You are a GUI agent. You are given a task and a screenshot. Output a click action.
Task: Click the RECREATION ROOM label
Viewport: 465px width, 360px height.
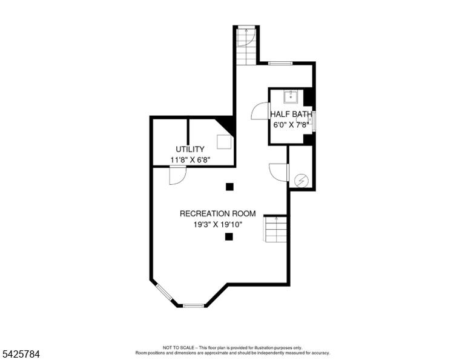(218, 214)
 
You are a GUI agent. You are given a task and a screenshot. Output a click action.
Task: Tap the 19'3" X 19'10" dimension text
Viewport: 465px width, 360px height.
(218, 225)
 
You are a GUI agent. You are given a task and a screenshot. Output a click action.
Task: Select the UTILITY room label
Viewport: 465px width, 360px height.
(190, 149)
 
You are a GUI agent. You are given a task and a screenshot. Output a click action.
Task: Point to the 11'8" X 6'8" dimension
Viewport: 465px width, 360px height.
(190, 160)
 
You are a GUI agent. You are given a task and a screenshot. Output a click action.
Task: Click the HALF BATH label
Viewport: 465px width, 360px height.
(291, 114)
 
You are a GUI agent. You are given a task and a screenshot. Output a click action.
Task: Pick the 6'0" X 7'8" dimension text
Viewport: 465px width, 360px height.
(291, 125)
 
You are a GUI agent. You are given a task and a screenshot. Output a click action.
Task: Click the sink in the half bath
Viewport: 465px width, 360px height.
(291, 97)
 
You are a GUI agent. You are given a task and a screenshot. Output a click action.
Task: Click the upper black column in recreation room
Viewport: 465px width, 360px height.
(229, 187)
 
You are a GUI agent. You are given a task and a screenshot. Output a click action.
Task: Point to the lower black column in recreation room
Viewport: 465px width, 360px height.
(229, 236)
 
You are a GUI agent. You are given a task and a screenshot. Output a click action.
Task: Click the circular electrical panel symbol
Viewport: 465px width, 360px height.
(302, 181)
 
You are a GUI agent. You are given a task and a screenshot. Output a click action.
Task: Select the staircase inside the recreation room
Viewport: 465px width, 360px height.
(275, 229)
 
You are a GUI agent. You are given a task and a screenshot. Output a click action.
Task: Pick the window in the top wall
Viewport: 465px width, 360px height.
(280, 63)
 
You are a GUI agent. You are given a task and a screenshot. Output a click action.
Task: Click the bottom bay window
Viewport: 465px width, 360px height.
(193, 305)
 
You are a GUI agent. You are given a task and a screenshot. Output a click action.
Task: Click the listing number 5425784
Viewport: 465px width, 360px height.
(21, 354)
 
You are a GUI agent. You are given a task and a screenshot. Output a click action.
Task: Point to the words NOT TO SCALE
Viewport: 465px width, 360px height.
(179, 347)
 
